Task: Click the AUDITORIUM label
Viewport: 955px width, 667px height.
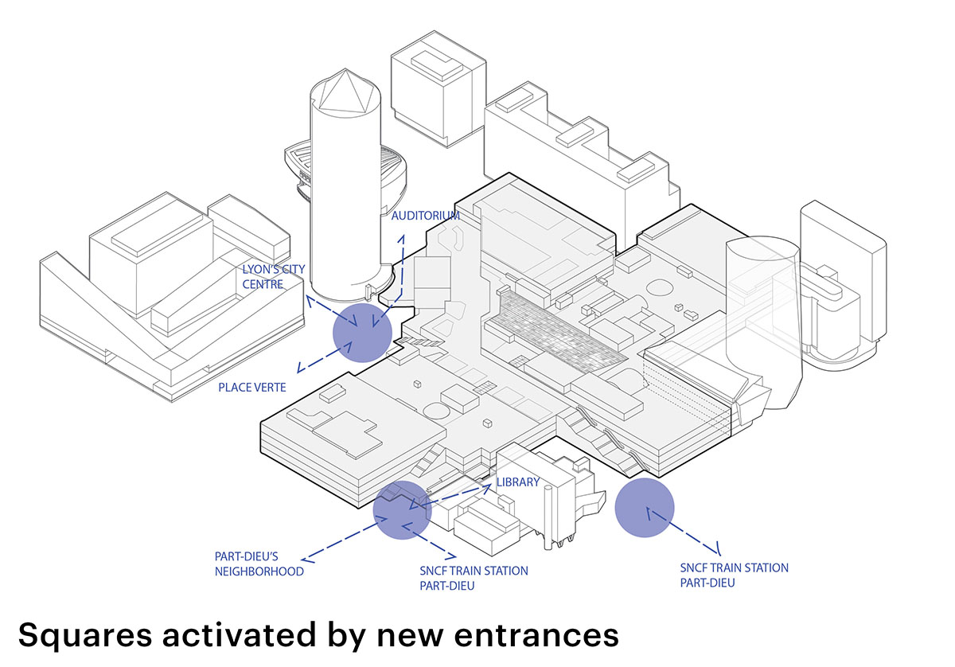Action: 425,216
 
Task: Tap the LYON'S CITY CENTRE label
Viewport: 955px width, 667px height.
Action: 274,276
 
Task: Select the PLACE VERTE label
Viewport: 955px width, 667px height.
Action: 252,388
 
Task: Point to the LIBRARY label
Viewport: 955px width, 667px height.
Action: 517,482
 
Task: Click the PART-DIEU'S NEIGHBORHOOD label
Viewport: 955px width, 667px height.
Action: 259,564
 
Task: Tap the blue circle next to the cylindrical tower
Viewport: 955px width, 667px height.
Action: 362,332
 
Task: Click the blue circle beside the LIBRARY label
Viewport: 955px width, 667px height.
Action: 403,510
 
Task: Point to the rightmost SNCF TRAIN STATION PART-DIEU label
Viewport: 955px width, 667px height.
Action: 734,575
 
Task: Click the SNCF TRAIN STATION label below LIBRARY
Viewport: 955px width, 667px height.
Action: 473,578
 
